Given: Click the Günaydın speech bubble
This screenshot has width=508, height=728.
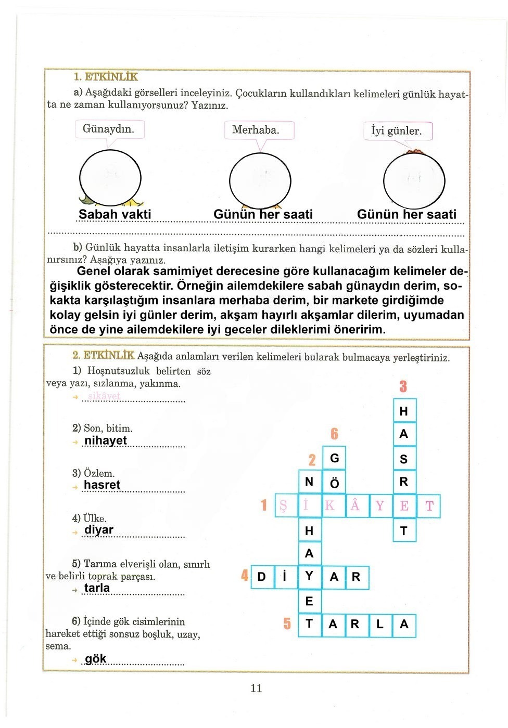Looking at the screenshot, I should [109, 129].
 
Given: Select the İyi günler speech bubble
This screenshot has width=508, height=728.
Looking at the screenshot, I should [397, 131].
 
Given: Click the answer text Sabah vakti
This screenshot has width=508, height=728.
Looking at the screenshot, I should [115, 214].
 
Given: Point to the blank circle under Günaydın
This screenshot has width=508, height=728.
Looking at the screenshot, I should [110, 177].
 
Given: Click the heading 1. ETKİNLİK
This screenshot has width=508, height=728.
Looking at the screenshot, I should [106, 77].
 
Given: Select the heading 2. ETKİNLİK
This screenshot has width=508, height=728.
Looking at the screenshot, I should [104, 356].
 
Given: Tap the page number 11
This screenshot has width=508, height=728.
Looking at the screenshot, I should [256, 688].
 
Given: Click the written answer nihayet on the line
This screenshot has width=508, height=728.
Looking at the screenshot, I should [106, 440].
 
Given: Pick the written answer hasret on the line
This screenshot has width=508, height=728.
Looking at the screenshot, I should [102, 485].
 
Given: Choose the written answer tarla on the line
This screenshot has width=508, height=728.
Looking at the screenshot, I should [97, 588].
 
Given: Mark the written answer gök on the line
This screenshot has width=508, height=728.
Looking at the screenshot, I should [96, 659].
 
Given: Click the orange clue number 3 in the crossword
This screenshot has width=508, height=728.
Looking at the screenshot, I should [403, 386].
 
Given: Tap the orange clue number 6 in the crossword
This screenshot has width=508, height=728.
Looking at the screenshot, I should [334, 434].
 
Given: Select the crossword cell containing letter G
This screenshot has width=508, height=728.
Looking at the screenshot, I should [334, 458].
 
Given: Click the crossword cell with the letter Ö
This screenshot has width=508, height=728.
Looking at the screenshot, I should [334, 483].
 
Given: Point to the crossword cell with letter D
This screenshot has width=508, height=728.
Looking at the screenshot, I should [262, 577].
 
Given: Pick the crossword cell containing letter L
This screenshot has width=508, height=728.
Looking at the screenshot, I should [379, 625].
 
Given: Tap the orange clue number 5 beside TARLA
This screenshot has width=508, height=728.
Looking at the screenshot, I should [287, 623].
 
